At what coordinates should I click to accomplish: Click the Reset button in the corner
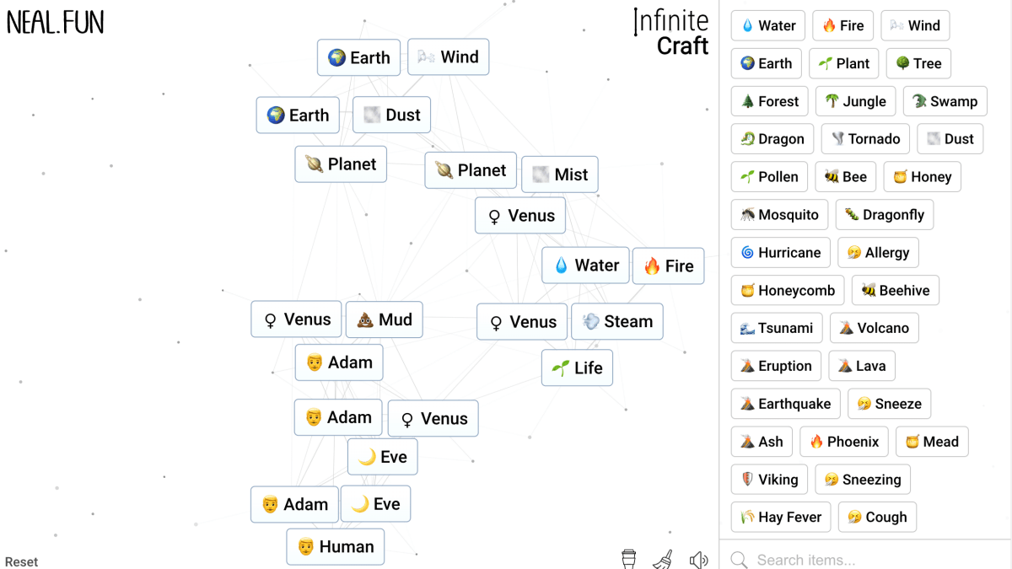[21, 561]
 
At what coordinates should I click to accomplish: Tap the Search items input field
[869, 560]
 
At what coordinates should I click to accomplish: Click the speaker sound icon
[698, 559]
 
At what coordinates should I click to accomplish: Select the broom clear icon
[663, 559]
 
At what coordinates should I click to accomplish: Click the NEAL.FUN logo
[56, 23]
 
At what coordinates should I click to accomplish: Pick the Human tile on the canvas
[336, 547]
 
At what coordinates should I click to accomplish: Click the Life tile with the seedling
[577, 368]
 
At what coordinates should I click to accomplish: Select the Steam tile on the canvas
[617, 322]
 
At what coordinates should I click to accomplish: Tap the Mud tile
[384, 320]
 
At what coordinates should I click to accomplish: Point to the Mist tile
[560, 174]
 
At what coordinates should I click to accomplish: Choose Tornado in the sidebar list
[865, 139]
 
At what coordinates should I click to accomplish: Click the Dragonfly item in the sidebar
[884, 215]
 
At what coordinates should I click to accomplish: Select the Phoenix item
[843, 442]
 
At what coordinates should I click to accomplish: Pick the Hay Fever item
[781, 518]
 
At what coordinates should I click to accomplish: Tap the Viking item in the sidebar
[769, 480]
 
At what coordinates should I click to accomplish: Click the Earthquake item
[785, 404]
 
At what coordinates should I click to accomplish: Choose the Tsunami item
[777, 328]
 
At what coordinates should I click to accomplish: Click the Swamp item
[945, 101]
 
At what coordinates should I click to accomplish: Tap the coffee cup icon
[628, 559]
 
